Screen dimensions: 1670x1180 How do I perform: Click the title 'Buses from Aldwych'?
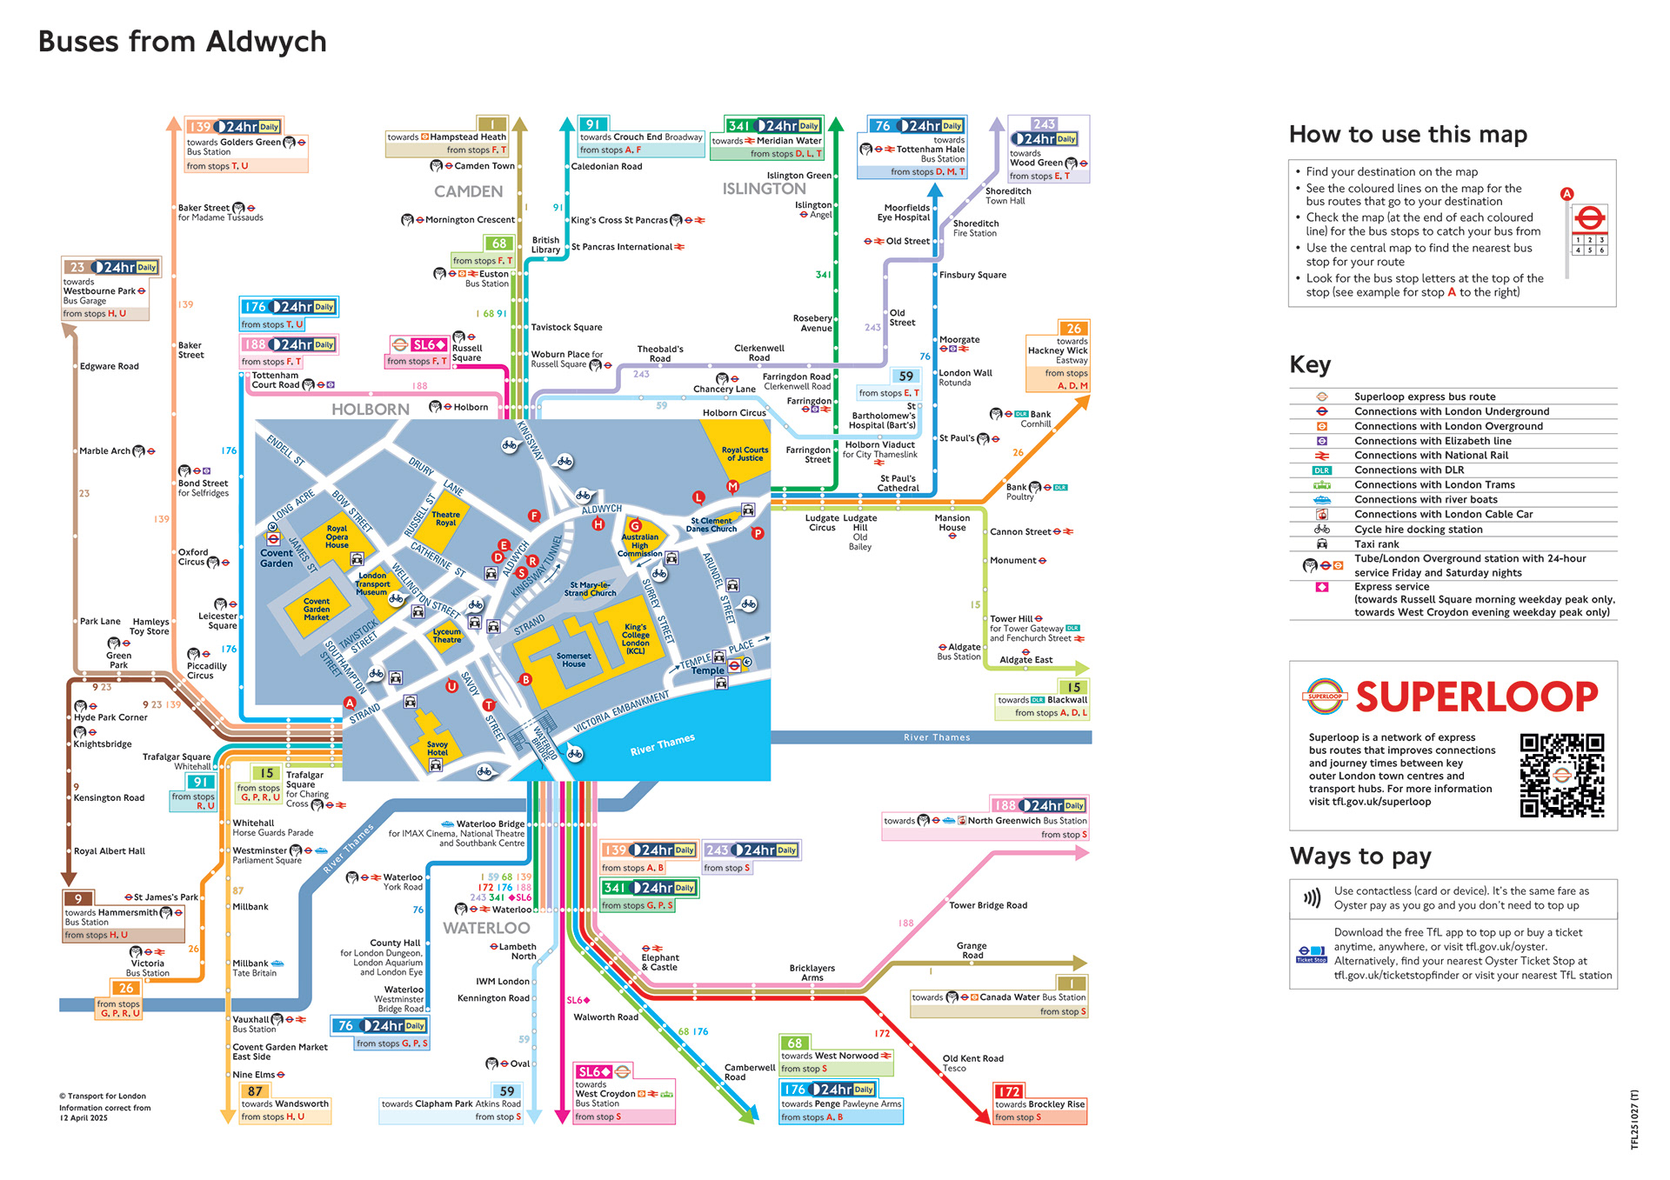click(x=183, y=42)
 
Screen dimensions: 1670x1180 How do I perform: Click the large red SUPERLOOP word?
click(x=1476, y=697)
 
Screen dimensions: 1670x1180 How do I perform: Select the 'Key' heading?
click(x=1310, y=364)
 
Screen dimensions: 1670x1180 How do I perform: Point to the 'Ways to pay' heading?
click(x=1359, y=857)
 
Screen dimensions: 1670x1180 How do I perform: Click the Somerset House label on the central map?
click(x=573, y=660)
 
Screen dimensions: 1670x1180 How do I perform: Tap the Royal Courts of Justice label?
click(x=745, y=454)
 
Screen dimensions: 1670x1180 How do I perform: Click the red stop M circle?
click(x=732, y=486)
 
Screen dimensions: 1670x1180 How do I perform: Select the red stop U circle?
click(x=451, y=686)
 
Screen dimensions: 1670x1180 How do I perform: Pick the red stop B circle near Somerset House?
click(x=525, y=679)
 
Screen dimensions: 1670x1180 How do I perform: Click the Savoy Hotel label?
click(x=437, y=749)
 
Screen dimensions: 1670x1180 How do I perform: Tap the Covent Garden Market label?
click(x=317, y=609)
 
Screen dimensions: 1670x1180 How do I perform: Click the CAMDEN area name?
click(x=468, y=191)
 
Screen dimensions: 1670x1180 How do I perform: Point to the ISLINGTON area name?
click(x=764, y=189)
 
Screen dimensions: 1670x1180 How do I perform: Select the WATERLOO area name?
click(x=486, y=928)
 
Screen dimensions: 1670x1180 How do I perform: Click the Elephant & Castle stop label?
click(x=660, y=963)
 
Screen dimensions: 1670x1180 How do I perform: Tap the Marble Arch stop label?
click(x=104, y=451)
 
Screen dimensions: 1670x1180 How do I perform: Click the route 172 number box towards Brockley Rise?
click(x=1009, y=1091)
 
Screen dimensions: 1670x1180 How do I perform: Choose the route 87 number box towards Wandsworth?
click(x=255, y=1091)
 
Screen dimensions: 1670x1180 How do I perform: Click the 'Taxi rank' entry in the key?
click(x=1376, y=544)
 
